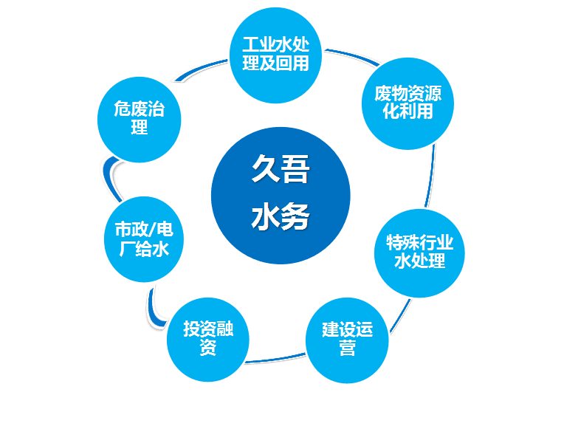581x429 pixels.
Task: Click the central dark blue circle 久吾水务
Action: point(281,196)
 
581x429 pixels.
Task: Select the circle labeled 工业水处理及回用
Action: point(275,55)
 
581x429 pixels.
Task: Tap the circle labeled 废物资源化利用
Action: point(408,103)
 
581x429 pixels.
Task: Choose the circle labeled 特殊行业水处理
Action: point(419,253)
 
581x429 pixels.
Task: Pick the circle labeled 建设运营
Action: point(347,340)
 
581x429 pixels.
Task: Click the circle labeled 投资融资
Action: point(208,340)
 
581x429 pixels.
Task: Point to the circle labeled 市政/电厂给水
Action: point(144,239)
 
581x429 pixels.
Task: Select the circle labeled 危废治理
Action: point(140,120)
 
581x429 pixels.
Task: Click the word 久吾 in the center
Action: point(281,169)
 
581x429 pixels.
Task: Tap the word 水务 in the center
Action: point(281,216)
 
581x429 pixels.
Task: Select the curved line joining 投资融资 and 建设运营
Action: point(275,359)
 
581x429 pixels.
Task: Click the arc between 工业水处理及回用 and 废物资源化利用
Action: point(353,55)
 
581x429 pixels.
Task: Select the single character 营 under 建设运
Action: point(347,349)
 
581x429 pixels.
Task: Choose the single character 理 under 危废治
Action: point(140,127)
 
